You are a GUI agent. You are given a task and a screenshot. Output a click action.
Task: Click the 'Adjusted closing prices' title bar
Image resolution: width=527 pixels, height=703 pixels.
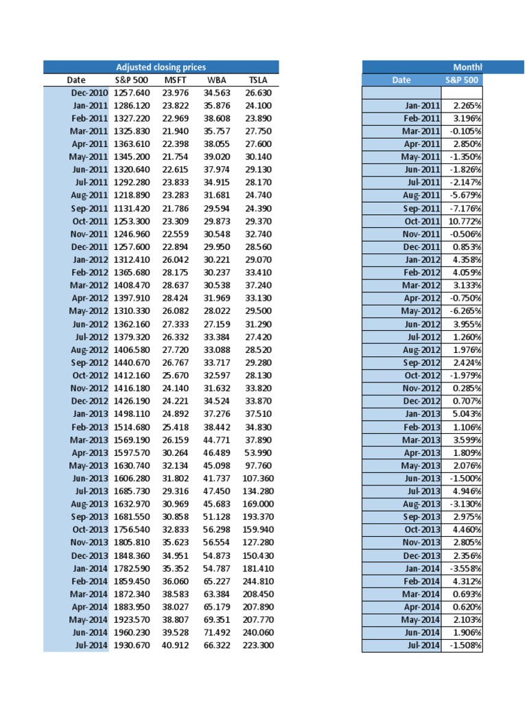coord(161,67)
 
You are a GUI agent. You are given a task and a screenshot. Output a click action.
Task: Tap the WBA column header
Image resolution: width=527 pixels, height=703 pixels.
coord(216,80)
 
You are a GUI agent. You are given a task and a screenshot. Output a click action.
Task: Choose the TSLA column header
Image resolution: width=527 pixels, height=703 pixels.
coord(257,80)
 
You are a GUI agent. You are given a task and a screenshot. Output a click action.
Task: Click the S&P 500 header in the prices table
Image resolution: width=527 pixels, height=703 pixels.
coord(130,80)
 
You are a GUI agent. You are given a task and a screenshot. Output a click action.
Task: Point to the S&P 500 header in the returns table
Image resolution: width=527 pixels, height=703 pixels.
coord(462,80)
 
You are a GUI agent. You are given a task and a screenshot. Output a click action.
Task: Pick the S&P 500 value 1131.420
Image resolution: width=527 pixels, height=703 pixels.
coord(130,208)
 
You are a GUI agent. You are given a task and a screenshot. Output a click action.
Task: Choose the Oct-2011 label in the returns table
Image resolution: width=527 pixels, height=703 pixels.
coord(421,221)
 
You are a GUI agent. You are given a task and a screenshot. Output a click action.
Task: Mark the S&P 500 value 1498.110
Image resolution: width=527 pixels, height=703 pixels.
coord(130,413)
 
